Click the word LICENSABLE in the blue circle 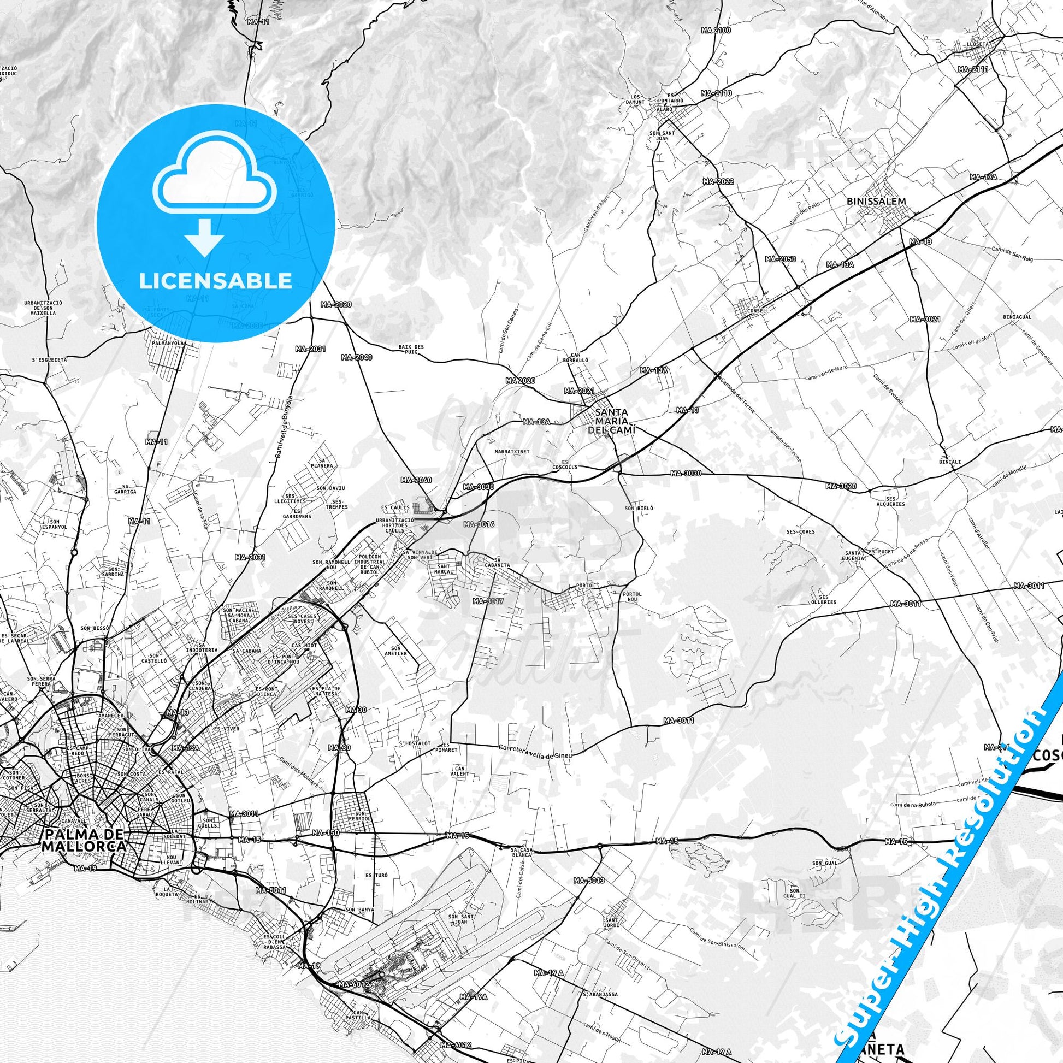[215, 281]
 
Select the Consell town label [758, 310]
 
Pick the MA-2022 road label [718, 181]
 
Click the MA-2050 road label [780, 258]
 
